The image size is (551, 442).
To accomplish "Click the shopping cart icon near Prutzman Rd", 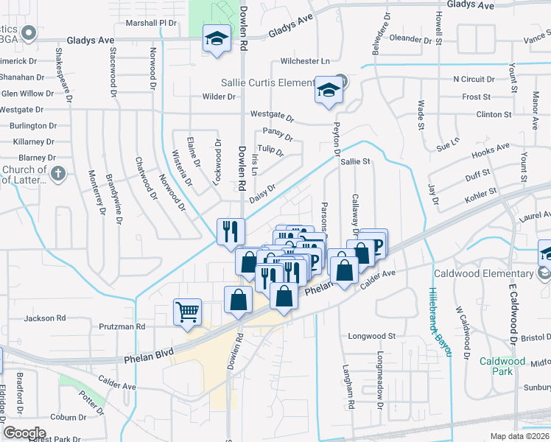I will tap(187, 312).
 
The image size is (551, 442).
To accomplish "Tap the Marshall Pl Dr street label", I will tap(152, 23).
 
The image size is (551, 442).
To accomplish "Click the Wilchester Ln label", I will tap(304, 61).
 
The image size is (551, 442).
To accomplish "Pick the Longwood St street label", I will tap(372, 336).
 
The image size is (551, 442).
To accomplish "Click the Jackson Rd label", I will tap(45, 318).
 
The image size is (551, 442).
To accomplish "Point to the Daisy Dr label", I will tap(262, 190).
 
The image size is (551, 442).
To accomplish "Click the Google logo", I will tap(24, 433).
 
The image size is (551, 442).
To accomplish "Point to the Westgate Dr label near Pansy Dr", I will tap(272, 116).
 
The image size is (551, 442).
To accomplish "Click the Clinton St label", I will tap(494, 115).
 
